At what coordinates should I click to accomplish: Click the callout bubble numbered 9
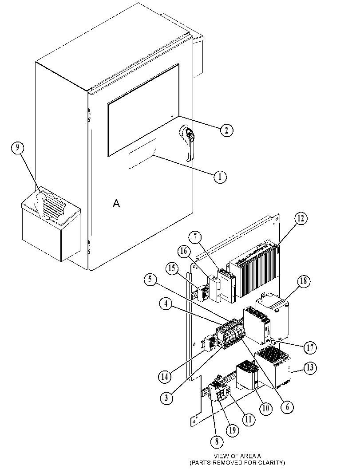coord(18,148)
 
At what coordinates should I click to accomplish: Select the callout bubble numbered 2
coord(226,130)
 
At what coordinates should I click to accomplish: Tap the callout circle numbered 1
coord(220,177)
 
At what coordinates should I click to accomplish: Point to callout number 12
coord(301,219)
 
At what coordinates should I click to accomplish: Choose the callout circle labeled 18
coord(304,281)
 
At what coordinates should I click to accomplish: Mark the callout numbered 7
coord(195,237)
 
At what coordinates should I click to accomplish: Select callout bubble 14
coord(165,377)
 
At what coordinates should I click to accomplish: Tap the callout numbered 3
coord(166,398)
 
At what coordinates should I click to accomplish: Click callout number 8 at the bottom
coord(217,441)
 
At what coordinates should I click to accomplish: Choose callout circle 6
coord(287,407)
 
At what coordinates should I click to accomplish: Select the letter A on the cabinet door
coord(116,203)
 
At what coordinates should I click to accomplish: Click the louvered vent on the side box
coord(53,205)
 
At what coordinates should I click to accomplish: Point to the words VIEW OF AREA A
coord(237,456)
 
